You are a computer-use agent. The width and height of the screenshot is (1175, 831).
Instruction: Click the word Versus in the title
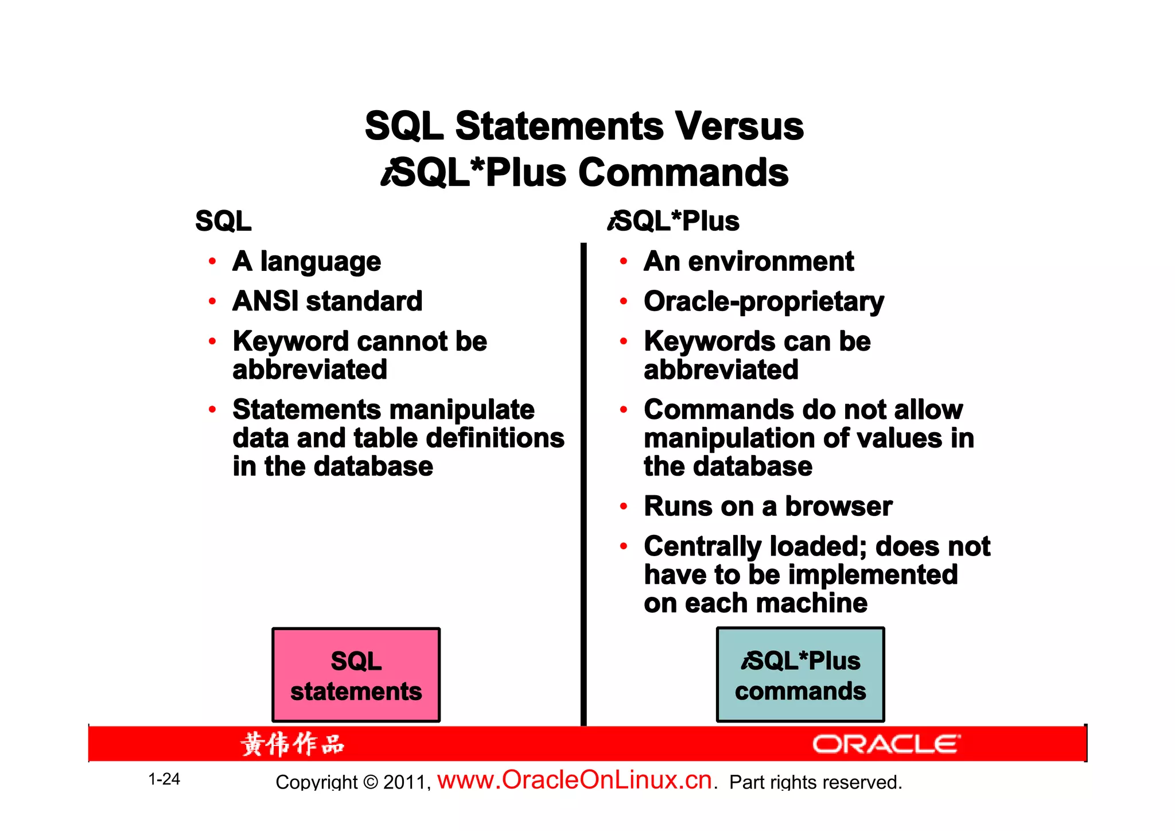738,126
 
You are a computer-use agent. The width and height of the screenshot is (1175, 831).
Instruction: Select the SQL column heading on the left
223,222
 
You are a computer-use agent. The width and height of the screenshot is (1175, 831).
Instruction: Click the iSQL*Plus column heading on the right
675,222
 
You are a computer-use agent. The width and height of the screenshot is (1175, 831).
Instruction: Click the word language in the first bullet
320,262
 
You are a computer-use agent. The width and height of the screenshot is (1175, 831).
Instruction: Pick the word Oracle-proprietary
764,302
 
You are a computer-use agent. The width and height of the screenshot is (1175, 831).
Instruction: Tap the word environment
771,262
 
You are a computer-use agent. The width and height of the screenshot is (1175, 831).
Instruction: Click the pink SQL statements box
356,675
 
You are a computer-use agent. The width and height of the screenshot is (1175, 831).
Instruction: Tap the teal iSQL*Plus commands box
800,675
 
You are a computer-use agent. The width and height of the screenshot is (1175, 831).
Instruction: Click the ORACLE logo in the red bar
885,744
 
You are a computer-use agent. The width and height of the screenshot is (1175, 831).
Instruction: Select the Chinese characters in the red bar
293,744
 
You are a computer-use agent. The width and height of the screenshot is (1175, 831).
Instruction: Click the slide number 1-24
164,779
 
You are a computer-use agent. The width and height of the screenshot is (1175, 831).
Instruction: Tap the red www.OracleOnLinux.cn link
574,780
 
